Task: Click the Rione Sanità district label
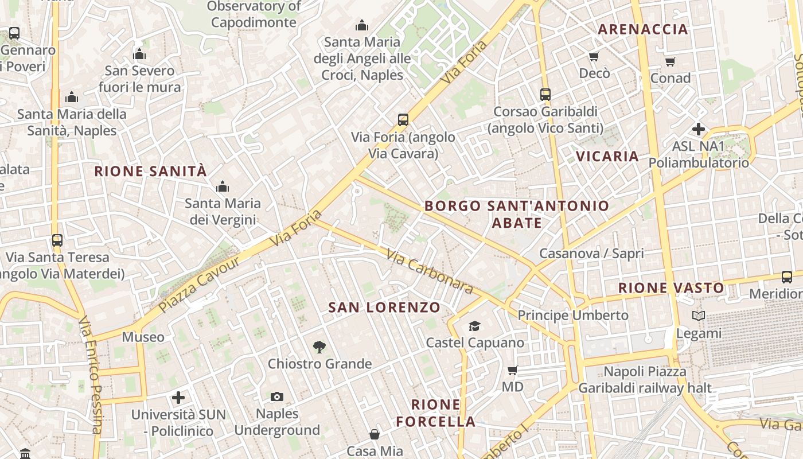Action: tap(150, 171)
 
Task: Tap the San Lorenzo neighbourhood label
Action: tap(384, 307)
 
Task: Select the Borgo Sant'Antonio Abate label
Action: tap(517, 214)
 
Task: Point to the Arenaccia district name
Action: tap(643, 29)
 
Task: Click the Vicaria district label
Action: tap(607, 156)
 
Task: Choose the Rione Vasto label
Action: tap(671, 287)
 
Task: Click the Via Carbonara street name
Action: tap(429, 271)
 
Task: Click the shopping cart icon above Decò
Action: tap(594, 56)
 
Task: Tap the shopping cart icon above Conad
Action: tap(671, 61)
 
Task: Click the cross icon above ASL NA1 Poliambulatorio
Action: tap(698, 129)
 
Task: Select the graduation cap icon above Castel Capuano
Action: tap(474, 326)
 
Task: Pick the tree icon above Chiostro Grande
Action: tap(319, 347)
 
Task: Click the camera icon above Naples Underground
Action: tap(277, 396)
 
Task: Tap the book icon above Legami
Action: tap(698, 316)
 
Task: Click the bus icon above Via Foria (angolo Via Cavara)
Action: tap(403, 120)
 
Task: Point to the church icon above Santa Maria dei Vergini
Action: tap(222, 186)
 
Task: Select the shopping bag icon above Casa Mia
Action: tap(375, 434)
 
